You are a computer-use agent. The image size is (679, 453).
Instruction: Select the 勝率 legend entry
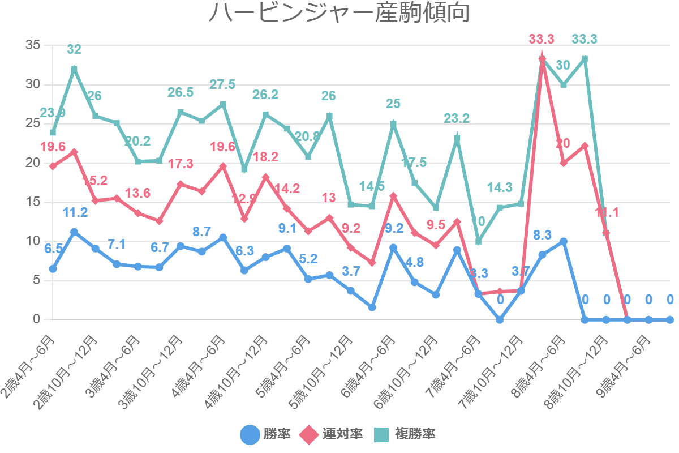[266, 434]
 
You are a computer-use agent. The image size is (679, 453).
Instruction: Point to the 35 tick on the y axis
[33, 45]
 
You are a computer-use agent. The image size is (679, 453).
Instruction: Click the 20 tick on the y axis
[33, 163]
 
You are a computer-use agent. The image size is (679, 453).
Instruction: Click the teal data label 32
[74, 50]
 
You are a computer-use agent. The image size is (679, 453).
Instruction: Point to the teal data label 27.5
[222, 85]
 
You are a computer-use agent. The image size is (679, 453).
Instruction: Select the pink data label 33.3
[542, 40]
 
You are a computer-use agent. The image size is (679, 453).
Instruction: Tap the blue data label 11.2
[75, 213]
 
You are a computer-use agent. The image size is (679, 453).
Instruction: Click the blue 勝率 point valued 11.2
[74, 232]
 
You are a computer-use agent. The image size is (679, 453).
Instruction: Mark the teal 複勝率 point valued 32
[74, 69]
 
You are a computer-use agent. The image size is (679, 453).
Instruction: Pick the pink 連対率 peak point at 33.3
[542, 58]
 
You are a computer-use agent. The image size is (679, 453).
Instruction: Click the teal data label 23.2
[457, 119]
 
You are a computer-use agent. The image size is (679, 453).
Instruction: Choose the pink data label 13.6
[137, 194]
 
